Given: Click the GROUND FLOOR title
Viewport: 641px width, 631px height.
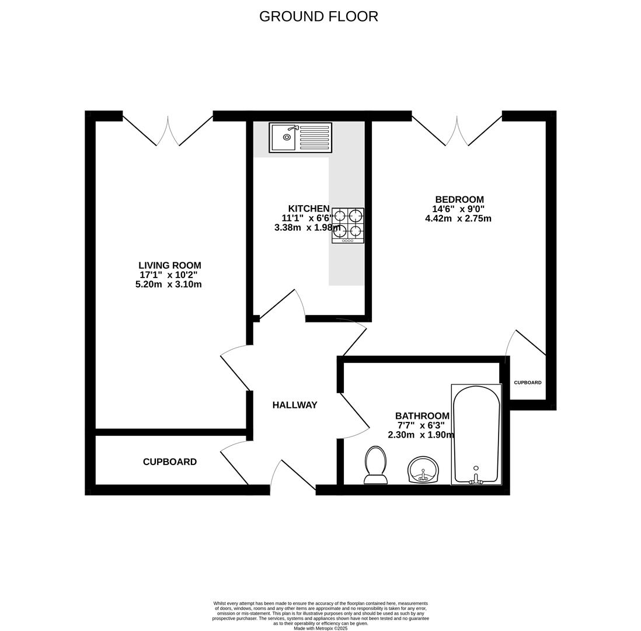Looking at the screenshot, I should [319, 16].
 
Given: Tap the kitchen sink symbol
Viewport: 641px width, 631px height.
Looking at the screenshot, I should [300, 137].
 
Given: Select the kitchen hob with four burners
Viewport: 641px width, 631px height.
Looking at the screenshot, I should [348, 225].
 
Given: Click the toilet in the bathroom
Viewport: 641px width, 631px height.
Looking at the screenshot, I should [375, 466].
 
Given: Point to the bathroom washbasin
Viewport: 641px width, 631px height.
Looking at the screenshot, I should [423, 470].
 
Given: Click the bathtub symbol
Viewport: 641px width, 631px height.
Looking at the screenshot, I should [476, 434].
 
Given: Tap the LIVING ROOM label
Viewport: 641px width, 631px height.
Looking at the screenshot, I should [169, 265].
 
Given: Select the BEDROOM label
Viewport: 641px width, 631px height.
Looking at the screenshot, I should [459, 200].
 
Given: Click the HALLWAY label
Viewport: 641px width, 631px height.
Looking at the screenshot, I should [295, 405].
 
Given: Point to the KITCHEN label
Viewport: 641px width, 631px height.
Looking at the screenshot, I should [309, 209].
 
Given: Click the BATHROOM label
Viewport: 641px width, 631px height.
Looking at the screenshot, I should [422, 416].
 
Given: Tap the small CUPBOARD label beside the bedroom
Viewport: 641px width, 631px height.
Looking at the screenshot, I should [528, 383].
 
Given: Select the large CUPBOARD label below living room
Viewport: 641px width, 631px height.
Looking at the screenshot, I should [170, 462].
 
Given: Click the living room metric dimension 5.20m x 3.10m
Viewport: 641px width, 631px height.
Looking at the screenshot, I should [169, 285].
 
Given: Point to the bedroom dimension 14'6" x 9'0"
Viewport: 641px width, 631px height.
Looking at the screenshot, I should [458, 209].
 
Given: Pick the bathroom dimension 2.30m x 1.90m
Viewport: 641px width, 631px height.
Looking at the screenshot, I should [421, 435].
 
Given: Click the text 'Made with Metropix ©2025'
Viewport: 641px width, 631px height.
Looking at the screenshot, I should [320, 628].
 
